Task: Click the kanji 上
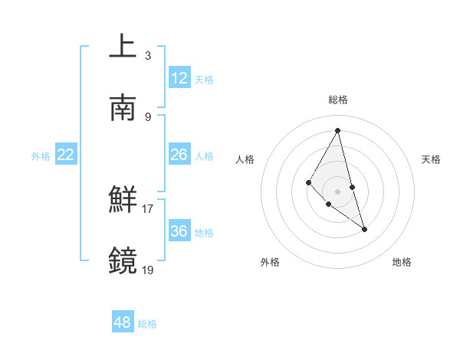[123, 47]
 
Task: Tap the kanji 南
[123, 108]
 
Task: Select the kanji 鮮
[123, 200]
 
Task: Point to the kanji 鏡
[123, 261]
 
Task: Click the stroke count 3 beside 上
[147, 55]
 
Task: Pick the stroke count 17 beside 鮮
[148, 208]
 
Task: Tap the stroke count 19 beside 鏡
[148, 270]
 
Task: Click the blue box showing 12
[179, 78]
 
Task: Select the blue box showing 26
[179, 155]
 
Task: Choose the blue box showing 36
[179, 231]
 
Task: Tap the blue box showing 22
[66, 155]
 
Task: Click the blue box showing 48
[123, 322]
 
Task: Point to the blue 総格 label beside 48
[147, 324]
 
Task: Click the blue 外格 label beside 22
[41, 156]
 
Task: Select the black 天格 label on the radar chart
[432, 159]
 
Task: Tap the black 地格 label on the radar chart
[402, 262]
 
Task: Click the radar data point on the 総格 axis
[337, 130]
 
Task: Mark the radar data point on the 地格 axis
[364, 229]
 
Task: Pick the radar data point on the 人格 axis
[309, 182]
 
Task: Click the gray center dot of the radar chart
[337, 191]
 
